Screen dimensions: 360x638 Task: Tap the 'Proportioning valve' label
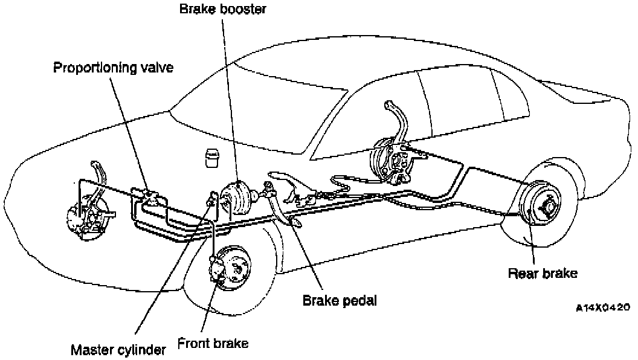(x=113, y=67)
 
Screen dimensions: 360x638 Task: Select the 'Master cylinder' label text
(x=118, y=349)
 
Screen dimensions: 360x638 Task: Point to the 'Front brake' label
(x=213, y=344)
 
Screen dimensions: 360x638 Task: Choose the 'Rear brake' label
(x=543, y=273)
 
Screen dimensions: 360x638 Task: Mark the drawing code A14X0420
(x=602, y=307)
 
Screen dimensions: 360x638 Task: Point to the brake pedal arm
(x=284, y=202)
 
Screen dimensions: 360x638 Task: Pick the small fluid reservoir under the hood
(x=213, y=156)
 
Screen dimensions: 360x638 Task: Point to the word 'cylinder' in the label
(x=141, y=349)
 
